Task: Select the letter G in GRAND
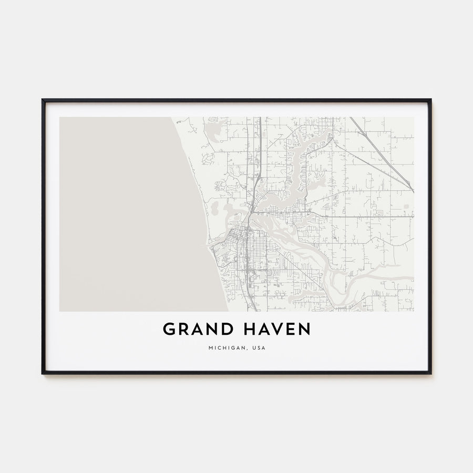tap(169, 330)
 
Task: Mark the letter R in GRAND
tap(183, 330)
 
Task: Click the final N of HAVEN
tap(304, 330)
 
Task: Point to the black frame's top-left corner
tap(43, 100)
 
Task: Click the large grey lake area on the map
tap(126, 215)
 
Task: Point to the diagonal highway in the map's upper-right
tap(381, 152)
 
